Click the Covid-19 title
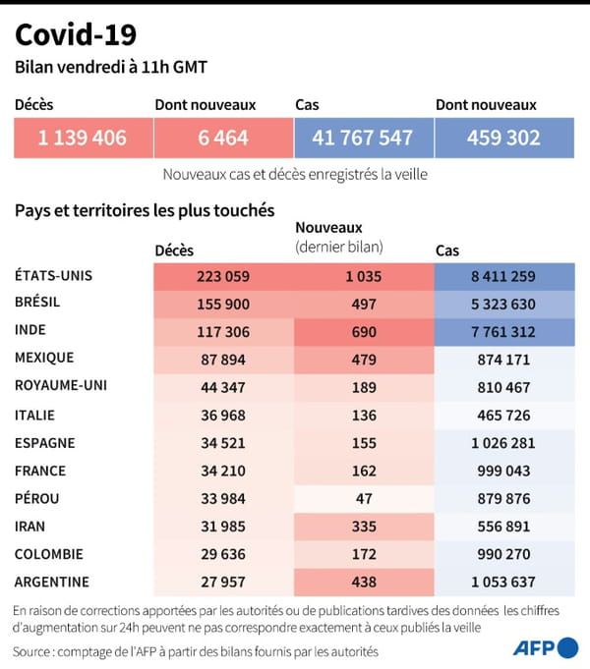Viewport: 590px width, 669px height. pyautogui.click(x=76, y=36)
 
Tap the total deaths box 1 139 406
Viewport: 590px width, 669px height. pyautogui.click(x=83, y=138)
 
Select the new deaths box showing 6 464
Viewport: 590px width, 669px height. pyautogui.click(x=223, y=138)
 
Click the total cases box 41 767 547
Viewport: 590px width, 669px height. pyautogui.click(x=363, y=138)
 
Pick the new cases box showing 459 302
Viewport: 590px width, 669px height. pyautogui.click(x=504, y=138)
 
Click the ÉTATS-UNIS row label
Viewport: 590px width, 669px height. pyautogui.click(x=55, y=275)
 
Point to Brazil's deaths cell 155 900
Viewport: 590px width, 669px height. pyautogui.click(x=223, y=303)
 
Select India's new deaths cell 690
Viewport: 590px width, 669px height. pyautogui.click(x=363, y=331)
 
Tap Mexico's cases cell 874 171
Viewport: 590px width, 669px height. pyautogui.click(x=504, y=359)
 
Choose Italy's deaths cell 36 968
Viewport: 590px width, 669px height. pyautogui.click(x=223, y=415)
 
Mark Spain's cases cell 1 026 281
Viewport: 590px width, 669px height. pyautogui.click(x=504, y=443)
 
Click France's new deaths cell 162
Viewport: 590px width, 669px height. pyautogui.click(x=363, y=471)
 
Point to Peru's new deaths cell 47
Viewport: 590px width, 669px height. pyautogui.click(x=363, y=498)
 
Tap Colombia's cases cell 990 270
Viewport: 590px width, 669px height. pyautogui.click(x=504, y=554)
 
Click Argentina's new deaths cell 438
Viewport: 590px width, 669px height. pyautogui.click(x=363, y=582)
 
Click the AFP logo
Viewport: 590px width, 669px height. pyautogui.click(x=546, y=647)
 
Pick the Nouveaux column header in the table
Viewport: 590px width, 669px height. pyautogui.click(x=329, y=228)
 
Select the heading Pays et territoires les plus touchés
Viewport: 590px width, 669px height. pyautogui.click(x=144, y=209)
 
